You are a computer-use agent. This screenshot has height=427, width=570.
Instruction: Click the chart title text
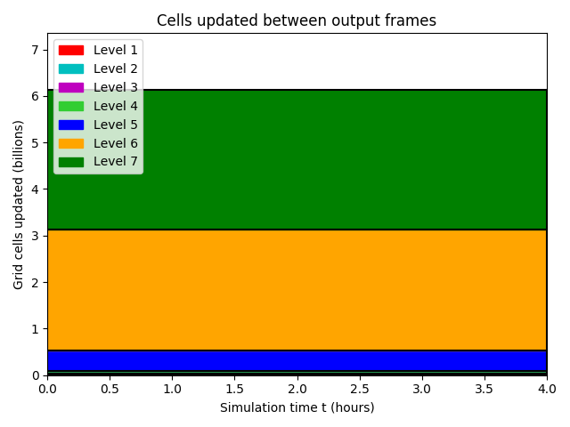click(x=297, y=20)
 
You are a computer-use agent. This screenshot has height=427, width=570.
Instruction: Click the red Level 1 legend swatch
click(x=71, y=50)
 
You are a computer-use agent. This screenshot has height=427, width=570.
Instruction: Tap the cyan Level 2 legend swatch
click(x=71, y=68)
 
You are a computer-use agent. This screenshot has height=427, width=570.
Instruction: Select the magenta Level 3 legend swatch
click(x=71, y=87)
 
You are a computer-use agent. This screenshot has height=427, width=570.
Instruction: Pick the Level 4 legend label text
click(x=116, y=106)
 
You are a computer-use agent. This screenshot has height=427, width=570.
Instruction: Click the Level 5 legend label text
click(x=116, y=125)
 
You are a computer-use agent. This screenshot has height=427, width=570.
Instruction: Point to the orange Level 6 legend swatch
click(x=71, y=143)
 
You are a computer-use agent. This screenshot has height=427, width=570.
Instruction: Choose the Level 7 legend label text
click(x=116, y=161)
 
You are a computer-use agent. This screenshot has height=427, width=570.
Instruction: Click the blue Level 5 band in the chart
click(x=297, y=360)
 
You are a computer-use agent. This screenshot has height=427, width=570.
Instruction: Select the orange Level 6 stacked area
click(x=297, y=290)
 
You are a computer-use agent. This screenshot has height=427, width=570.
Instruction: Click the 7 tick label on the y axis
click(x=35, y=50)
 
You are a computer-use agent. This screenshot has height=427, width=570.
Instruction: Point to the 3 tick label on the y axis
click(x=35, y=236)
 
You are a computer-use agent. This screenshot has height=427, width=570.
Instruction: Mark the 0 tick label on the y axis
click(x=36, y=375)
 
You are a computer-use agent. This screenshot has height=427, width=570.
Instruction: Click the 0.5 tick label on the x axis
click(x=110, y=389)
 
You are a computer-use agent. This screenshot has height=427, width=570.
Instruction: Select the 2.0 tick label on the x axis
click(x=297, y=389)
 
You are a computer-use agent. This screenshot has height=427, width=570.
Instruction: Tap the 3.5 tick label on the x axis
click(x=484, y=389)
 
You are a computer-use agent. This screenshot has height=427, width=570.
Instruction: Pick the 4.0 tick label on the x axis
click(x=547, y=389)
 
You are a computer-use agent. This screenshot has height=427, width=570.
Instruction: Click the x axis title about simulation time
click(x=297, y=407)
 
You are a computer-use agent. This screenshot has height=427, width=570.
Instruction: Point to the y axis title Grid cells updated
click(x=18, y=205)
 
